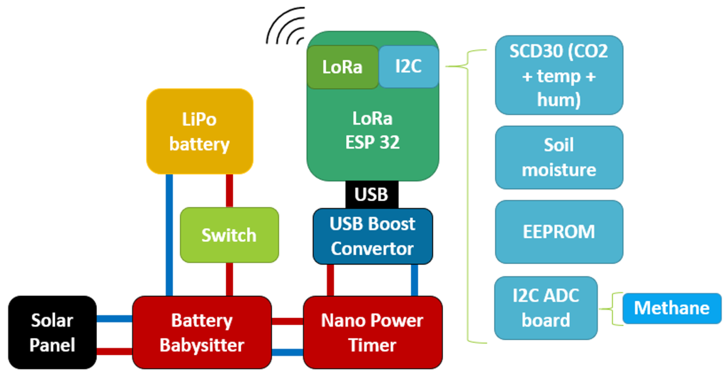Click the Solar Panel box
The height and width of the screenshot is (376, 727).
(x=52, y=332)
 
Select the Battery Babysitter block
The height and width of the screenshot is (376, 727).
(x=202, y=332)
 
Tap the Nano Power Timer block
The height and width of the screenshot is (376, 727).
(x=372, y=332)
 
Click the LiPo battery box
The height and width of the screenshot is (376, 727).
(x=199, y=131)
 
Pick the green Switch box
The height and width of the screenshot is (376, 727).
(x=229, y=235)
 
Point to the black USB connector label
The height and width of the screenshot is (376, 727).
(x=372, y=195)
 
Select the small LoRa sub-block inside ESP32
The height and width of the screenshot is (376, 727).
(x=342, y=67)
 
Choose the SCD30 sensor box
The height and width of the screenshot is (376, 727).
(x=559, y=75)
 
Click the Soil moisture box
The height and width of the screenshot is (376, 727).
(x=559, y=157)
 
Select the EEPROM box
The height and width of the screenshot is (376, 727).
(x=559, y=232)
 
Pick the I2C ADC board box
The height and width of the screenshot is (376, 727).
(x=546, y=308)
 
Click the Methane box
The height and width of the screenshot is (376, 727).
(x=672, y=308)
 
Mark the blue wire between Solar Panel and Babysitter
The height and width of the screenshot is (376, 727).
(x=114, y=319)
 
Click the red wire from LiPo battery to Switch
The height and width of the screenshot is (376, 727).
(x=229, y=190)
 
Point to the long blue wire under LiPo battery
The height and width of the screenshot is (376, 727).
(x=169, y=234)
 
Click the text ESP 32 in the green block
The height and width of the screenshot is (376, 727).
(x=372, y=142)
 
